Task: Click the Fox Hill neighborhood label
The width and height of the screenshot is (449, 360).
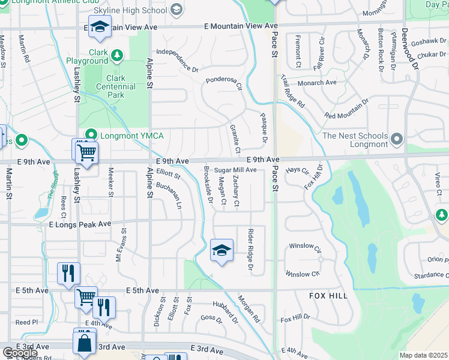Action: coord(328,296)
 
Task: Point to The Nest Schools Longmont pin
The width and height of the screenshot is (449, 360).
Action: coord(396,140)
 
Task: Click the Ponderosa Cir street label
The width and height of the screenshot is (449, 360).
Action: coord(223,83)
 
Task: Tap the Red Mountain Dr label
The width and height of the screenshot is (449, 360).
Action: coord(346,110)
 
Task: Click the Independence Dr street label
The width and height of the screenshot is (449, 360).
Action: coord(177,61)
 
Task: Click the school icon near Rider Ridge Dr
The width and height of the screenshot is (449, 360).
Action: coord(221,250)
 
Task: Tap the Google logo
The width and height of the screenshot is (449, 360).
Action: coord(20,353)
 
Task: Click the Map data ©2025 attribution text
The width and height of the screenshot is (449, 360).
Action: coord(423,355)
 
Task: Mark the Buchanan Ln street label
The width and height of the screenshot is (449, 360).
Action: coord(169,195)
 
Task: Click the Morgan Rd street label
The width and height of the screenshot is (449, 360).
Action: coord(248,307)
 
